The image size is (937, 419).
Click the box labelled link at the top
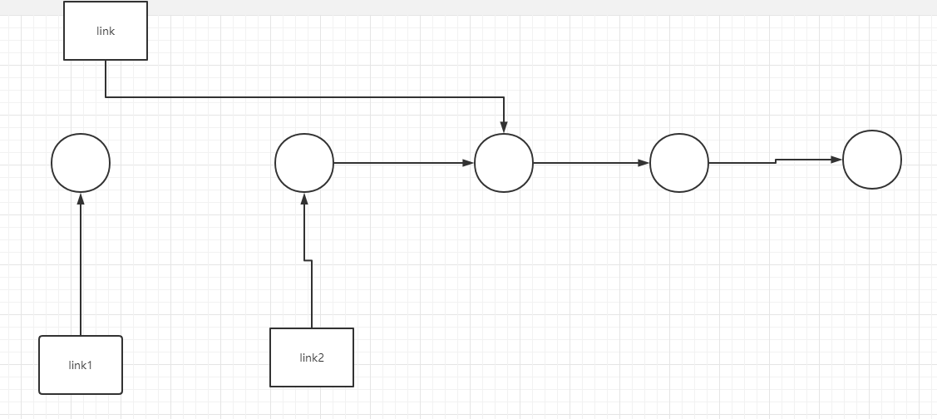(x=106, y=31)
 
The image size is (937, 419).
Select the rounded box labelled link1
(x=81, y=365)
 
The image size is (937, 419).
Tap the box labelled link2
(x=312, y=357)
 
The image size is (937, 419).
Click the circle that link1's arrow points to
(x=81, y=163)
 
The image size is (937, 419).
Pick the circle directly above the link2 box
(x=304, y=163)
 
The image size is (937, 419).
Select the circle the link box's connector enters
(x=504, y=163)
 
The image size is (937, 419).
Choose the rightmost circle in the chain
(x=872, y=160)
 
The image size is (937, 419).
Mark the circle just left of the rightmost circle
(x=679, y=163)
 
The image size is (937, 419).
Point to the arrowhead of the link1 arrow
(x=81, y=200)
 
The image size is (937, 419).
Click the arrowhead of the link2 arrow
(x=304, y=200)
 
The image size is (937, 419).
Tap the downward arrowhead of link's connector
(x=504, y=126)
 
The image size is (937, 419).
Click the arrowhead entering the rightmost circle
(x=836, y=159)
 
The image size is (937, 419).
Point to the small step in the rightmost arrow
(x=776, y=160)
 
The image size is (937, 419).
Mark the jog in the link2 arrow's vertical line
(x=308, y=261)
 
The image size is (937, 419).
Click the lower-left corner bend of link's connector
(x=106, y=97)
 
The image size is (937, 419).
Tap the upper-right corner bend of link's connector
(x=504, y=97)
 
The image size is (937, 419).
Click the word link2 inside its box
(x=312, y=358)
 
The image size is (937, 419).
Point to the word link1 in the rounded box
(x=81, y=365)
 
